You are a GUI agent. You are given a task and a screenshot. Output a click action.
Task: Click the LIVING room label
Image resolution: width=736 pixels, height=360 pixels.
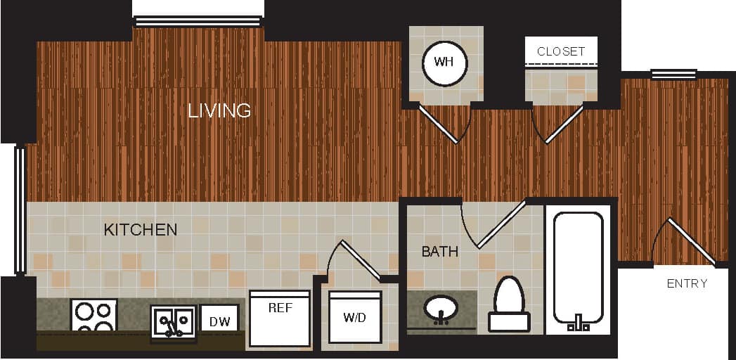click(219, 110)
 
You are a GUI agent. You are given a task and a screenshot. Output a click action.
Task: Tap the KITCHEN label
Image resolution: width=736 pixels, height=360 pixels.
click(141, 230)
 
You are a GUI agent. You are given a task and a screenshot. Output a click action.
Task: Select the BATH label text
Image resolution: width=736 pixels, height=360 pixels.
click(440, 251)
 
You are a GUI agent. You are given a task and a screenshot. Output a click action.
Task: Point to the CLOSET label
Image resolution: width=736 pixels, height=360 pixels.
click(561, 51)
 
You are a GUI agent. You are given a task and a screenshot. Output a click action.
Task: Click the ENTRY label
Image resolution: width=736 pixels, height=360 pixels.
click(687, 283)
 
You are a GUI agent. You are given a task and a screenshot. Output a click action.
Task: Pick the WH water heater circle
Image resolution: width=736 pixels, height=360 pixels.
click(445, 63)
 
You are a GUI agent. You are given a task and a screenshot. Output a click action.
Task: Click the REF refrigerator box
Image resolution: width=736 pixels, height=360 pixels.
click(280, 318)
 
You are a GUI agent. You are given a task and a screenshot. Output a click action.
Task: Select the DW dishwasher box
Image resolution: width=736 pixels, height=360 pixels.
click(219, 321)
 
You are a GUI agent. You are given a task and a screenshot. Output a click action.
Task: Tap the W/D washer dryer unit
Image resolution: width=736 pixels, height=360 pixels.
click(355, 317)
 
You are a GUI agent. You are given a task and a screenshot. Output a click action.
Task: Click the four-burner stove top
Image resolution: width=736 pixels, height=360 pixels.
click(93, 317)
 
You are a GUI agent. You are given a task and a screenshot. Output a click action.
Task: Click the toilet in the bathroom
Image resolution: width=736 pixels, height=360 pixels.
click(509, 304)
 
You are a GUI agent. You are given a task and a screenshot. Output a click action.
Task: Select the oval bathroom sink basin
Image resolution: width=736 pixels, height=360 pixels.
click(441, 308)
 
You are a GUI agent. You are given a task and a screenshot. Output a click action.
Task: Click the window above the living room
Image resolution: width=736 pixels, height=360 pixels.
click(198, 21)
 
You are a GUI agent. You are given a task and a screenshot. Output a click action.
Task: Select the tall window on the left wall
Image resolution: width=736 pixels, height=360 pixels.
click(20, 210)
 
